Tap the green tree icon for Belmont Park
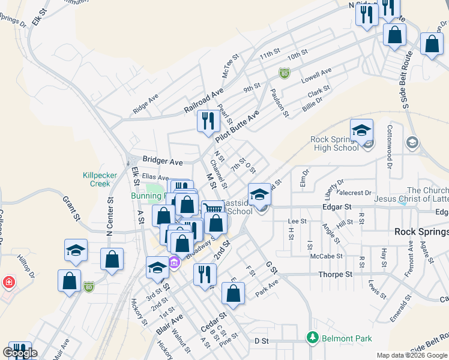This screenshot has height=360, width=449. click(x=312, y=338)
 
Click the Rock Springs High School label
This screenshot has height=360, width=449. click(x=334, y=144)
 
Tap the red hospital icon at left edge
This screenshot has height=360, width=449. click(x=8, y=281)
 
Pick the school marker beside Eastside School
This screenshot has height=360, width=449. click(x=259, y=194)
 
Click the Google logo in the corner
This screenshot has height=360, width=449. click(x=20, y=352)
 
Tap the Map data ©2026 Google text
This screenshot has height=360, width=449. click(x=411, y=355)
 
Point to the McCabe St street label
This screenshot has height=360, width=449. click(x=327, y=256)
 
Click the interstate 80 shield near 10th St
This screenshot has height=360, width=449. click(x=284, y=73)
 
